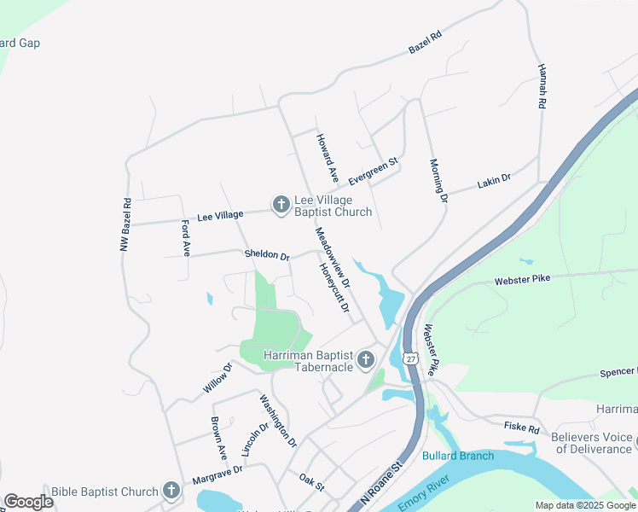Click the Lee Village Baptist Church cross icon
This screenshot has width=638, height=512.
click(x=281, y=205)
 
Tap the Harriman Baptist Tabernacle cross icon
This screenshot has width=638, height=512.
click(x=366, y=359)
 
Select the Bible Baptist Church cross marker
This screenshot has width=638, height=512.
click(x=171, y=491)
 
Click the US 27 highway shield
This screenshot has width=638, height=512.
click(x=411, y=358)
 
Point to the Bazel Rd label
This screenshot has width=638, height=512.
click(x=426, y=43)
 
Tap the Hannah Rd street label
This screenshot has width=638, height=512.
click(x=541, y=86)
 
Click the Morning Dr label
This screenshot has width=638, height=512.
click(x=438, y=181)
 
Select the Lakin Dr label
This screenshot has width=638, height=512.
click(x=494, y=180)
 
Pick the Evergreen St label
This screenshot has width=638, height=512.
click(x=374, y=170)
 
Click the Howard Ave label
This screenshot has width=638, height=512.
click(x=328, y=157)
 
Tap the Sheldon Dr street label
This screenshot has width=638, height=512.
click(x=267, y=254)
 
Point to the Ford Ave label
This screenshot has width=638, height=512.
click(x=185, y=238)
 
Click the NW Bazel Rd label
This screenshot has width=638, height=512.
click(x=125, y=224)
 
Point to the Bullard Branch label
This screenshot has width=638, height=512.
click(x=458, y=456)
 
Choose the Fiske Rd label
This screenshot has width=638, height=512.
click(x=522, y=428)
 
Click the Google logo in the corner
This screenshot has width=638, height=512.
click(x=28, y=501)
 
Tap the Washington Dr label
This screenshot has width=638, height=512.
click(x=278, y=422)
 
